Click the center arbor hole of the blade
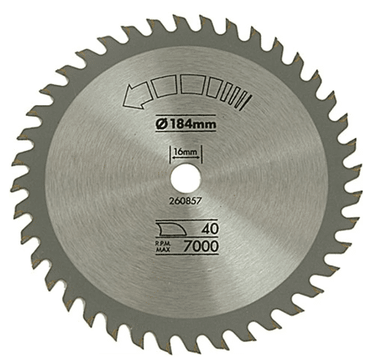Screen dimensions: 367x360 tap(185, 178)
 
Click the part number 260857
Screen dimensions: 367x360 tap(185, 201)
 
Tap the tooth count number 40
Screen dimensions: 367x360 tap(210, 229)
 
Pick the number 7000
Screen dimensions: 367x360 tap(201, 247)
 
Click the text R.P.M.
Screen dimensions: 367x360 tap(163, 244)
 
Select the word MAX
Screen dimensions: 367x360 tap(163, 250)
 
